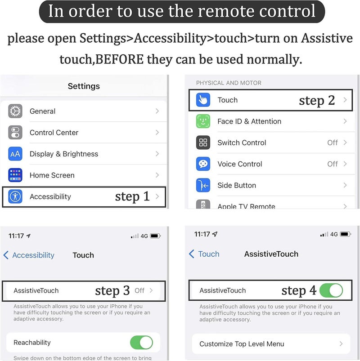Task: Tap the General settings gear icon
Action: point(15,111)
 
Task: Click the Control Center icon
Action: point(15,132)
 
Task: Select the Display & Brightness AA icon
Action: point(15,154)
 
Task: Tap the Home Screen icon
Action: point(15,175)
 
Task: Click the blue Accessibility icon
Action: point(15,196)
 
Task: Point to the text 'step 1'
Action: point(132,196)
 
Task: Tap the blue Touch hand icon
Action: point(203,100)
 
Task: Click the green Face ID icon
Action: point(203,121)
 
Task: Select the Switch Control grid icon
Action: point(203,143)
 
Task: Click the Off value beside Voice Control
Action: point(333,164)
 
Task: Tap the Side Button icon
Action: point(203,185)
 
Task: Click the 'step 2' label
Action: point(317,101)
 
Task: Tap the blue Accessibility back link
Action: point(29,255)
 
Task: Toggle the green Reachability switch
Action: point(141,343)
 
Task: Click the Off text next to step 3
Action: point(139,290)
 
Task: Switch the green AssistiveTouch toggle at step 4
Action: point(331,290)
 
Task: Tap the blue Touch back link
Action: point(204,254)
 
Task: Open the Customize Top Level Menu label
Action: point(242,344)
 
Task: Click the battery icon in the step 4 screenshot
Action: point(345,234)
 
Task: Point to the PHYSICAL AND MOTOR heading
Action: point(229,83)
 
